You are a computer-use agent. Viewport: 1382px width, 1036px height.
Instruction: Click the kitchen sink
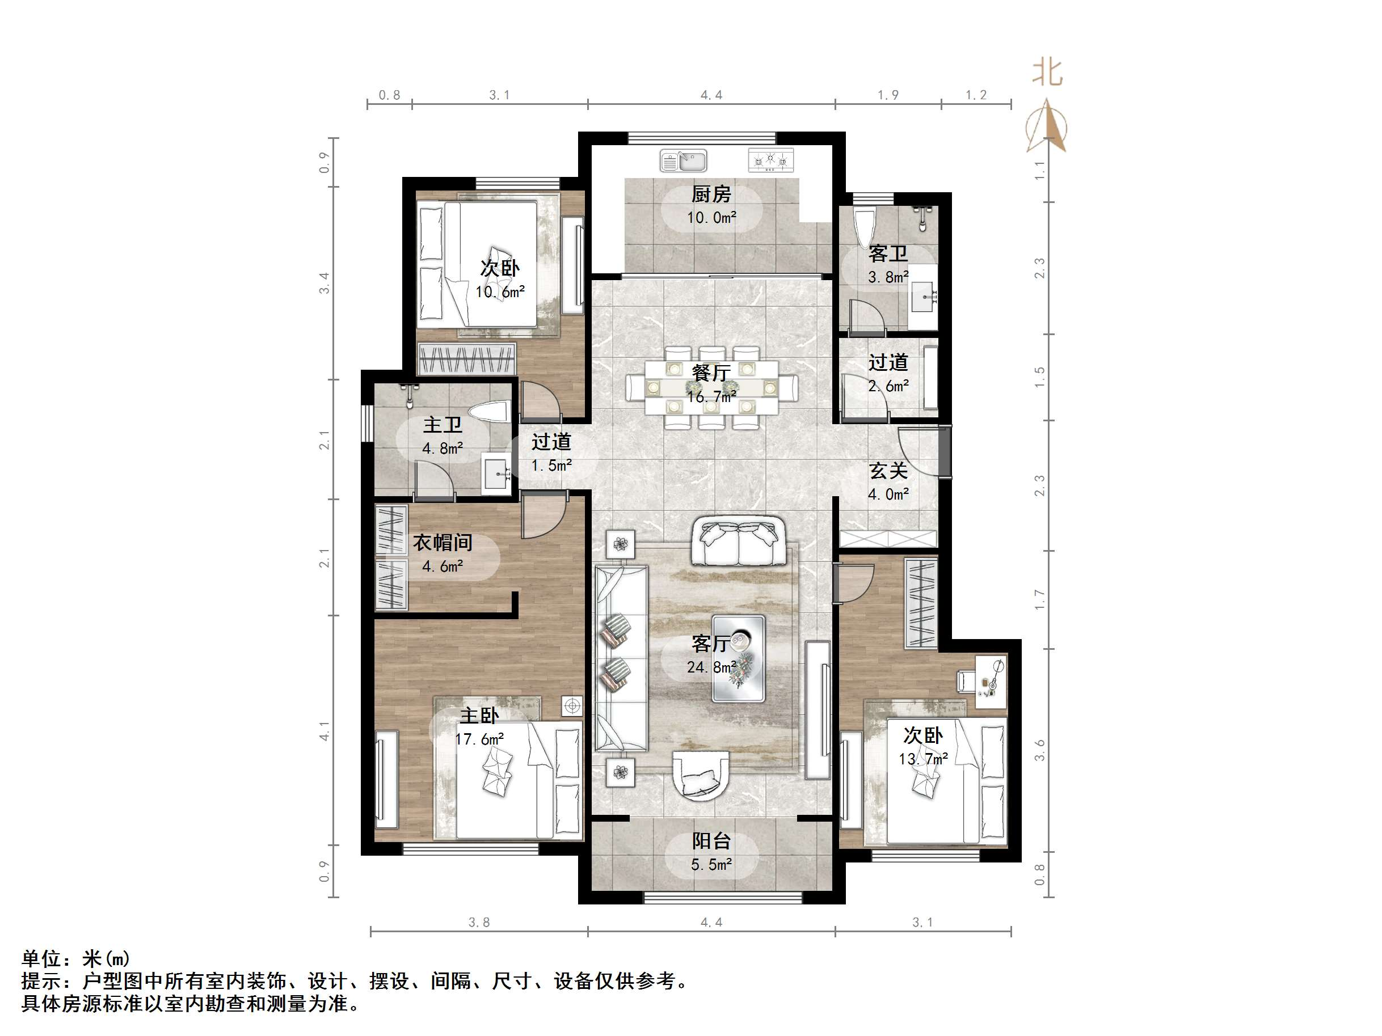pos(684,160)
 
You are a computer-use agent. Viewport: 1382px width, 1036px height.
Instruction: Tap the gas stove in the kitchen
pos(771,160)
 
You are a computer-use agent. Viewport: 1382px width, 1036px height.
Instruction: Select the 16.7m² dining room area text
pos(711,396)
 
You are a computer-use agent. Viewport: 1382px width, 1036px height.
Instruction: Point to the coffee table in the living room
pos(739,659)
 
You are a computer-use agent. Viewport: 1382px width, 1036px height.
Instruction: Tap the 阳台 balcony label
pos(711,840)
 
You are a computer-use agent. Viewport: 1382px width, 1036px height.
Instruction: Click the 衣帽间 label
pos(443,543)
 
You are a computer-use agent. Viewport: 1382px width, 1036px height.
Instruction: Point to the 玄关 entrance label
pos(888,471)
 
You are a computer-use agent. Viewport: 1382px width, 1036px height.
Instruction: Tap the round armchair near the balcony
pos(701,775)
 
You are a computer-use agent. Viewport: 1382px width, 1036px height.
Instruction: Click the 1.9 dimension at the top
pos(888,95)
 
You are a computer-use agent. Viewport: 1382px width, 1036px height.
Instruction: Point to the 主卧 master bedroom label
pos(479,716)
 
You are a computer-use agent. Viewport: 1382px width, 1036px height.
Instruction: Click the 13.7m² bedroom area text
pos(924,759)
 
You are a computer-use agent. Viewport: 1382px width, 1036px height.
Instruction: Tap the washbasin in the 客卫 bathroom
pos(923,297)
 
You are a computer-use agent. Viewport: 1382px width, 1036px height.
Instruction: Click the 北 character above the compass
pos(1047,73)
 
